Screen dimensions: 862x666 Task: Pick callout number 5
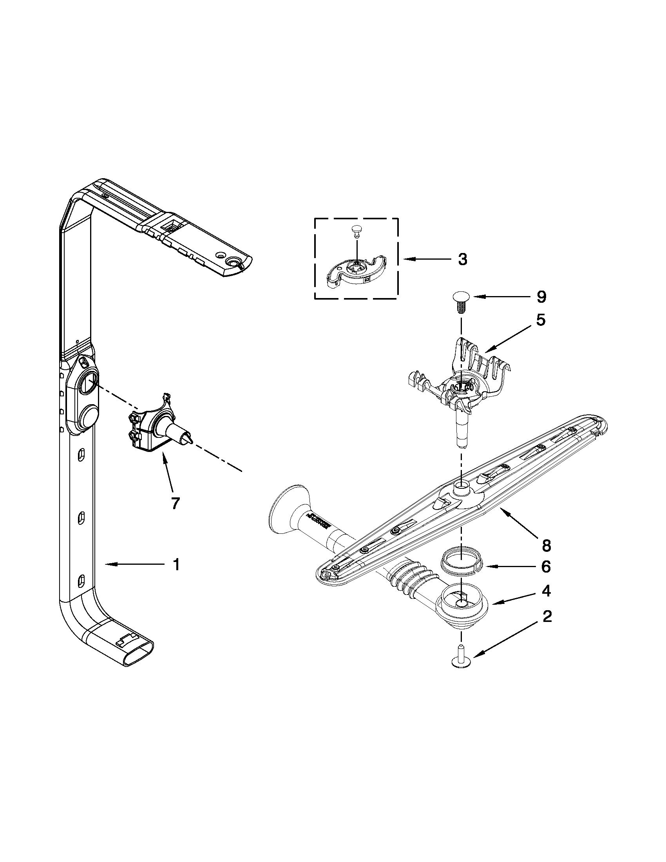[541, 320]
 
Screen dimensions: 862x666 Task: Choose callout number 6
[546, 567]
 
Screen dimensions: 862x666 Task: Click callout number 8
[546, 546]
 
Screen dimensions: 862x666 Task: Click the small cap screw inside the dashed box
[357, 230]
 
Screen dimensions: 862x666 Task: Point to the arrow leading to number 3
[426, 259]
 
